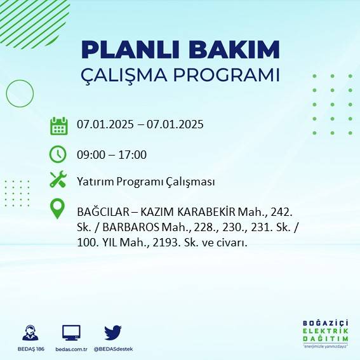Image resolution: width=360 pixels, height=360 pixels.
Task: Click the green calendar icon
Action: [x=58, y=125]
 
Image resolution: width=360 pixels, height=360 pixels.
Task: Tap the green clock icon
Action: [x=58, y=154]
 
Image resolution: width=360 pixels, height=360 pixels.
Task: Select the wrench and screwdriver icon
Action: [x=58, y=180]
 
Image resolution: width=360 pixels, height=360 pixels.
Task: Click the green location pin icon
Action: [x=58, y=209]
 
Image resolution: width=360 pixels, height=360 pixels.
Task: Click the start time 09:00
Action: [x=90, y=155]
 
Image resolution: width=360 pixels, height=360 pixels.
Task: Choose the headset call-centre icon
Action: [x=29, y=332]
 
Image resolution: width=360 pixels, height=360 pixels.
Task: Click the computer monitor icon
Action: [x=71, y=332]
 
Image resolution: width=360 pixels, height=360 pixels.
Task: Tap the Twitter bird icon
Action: [x=113, y=332]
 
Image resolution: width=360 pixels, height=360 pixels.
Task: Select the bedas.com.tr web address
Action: [x=71, y=349]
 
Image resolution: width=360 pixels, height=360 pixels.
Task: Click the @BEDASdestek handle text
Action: [x=113, y=349]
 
